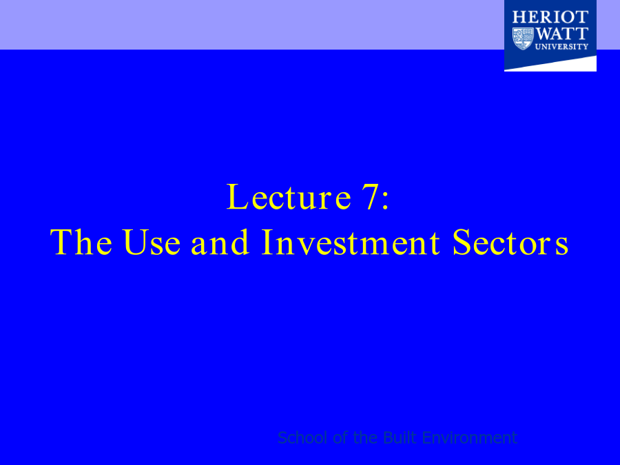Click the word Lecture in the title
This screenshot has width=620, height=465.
pos(289,196)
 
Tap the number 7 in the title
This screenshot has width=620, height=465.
pos(371,197)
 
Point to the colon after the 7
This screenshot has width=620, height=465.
pos(386,201)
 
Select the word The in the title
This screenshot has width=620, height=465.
pos(81,242)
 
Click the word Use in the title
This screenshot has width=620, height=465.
pos(152,242)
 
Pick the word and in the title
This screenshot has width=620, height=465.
pos(220,242)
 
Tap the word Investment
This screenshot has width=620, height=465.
pos(351,242)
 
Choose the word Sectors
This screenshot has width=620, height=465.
pos(510,242)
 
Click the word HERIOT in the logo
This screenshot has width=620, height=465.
pos(550,17)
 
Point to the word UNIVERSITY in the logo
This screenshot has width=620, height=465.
pos(561,47)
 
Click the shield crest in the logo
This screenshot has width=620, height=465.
pos(523,39)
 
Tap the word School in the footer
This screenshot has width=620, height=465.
pos(302,437)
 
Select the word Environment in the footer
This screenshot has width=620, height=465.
pos(469,437)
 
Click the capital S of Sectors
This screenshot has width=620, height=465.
pos(461,242)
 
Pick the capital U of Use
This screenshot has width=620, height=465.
pos(135,242)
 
